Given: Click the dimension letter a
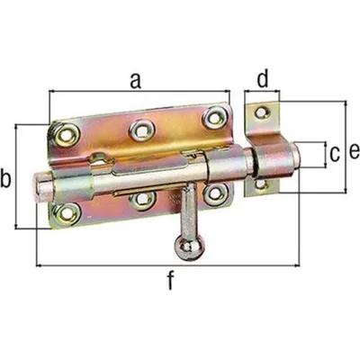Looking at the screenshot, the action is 136,82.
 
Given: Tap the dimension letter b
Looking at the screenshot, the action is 5,179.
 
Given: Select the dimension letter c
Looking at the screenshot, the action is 334,154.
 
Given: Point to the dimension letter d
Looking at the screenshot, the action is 263,78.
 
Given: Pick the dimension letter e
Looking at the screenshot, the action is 354,151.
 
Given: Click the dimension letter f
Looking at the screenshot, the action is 171,280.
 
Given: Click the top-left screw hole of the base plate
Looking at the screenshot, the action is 67,135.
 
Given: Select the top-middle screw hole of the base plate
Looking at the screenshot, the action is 142,130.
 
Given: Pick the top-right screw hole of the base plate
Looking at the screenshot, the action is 214,118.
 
